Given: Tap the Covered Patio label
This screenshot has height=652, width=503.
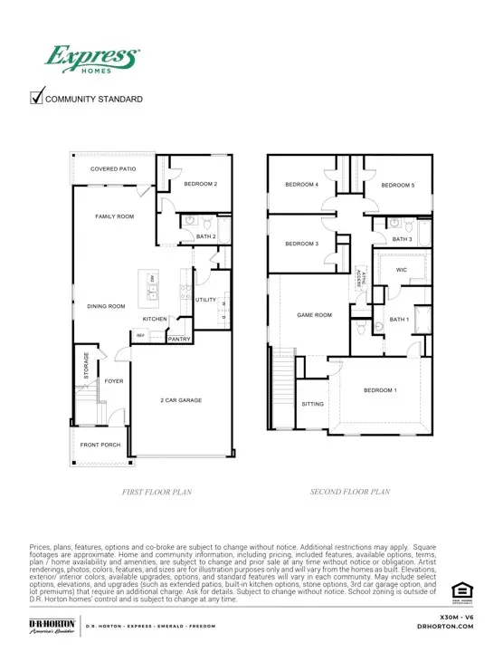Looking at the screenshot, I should click(113, 169).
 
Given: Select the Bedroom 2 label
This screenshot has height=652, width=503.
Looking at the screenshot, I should click(201, 184).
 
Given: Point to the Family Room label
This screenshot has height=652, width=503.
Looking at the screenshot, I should click(115, 217).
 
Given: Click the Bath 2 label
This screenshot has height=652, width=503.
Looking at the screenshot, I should click(206, 237).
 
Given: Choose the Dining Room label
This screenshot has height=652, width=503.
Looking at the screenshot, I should click(106, 306).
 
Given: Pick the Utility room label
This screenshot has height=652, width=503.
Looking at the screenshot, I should click(205, 299).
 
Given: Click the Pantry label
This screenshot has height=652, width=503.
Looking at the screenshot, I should click(178, 340).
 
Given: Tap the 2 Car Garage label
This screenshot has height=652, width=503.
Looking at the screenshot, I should click(181, 399).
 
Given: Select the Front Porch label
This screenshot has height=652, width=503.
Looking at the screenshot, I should click(100, 446).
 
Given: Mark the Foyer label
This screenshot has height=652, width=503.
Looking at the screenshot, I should click(113, 381).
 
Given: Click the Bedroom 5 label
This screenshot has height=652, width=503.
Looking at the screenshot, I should click(397, 186).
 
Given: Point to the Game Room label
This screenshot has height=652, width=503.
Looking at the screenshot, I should click(315, 315).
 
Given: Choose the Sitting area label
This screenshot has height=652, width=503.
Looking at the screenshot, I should click(312, 404).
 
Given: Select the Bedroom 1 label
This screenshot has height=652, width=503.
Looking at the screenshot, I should click(380, 389).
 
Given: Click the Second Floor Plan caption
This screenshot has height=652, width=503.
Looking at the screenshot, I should click(349, 492).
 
